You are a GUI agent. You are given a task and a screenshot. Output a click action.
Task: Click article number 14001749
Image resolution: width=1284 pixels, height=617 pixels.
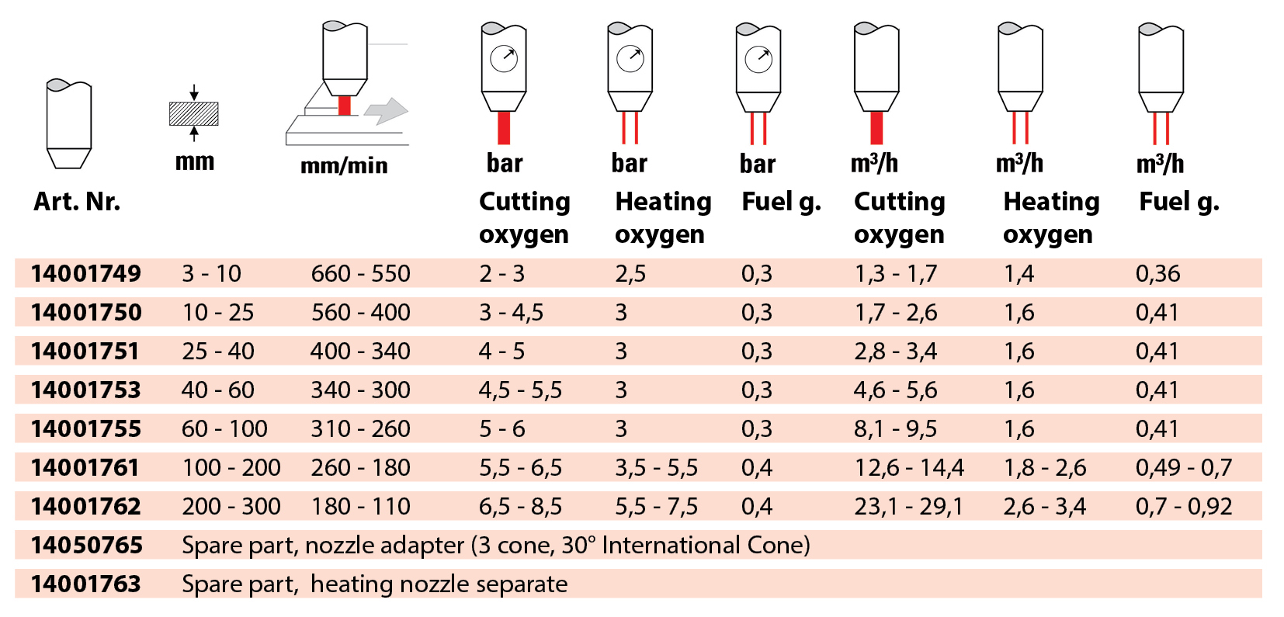pos(86,273)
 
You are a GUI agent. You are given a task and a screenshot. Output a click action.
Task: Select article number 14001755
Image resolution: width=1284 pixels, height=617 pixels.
pos(86,428)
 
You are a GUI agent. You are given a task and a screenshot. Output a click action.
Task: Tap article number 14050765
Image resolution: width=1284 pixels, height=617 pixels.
pos(87,545)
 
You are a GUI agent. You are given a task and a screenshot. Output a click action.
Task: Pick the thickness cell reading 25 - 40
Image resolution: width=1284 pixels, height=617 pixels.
pos(218,351)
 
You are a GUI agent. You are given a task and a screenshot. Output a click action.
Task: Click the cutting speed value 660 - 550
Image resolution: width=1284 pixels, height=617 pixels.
pos(360,273)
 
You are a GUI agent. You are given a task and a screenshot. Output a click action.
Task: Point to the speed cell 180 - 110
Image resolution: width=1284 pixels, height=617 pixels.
pos(360,506)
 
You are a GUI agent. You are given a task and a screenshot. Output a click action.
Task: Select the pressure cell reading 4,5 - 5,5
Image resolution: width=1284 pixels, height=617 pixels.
pos(520,390)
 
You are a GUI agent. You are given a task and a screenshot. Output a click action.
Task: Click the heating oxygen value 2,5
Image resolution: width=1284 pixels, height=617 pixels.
pos(630,273)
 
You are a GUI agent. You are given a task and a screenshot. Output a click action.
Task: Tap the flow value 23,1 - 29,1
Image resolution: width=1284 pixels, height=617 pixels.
pos(908,506)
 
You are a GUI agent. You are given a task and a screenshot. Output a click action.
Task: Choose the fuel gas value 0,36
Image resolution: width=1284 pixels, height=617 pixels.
pos(1157,273)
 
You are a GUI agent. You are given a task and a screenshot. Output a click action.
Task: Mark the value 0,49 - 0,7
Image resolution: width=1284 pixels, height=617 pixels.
pos(1184,467)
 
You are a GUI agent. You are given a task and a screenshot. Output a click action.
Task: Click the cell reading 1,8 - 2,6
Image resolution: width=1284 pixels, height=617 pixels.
pos(1045,467)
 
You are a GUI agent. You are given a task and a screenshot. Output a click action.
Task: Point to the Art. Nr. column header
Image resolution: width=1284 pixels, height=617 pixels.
pos(77,202)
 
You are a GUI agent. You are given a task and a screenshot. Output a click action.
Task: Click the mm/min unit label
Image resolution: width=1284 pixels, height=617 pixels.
pos(344,165)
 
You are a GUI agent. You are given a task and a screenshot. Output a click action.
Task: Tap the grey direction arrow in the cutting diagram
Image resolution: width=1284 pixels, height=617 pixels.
pos(387,111)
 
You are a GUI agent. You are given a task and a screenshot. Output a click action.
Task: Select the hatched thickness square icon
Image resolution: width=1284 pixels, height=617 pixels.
pos(194,114)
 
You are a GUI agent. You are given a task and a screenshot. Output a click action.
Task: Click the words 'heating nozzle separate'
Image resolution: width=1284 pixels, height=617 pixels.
pos(439,584)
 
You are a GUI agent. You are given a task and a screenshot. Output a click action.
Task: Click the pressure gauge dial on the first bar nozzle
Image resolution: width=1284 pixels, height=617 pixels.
pos(504,58)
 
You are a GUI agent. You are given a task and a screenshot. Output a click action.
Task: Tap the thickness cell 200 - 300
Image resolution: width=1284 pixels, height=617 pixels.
pos(231,506)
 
